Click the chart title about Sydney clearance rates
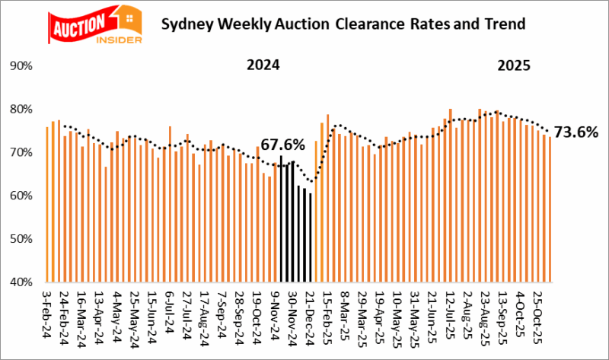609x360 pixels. click(343, 24)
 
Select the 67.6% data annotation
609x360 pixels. click(282, 145)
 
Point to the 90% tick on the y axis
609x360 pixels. click(20, 66)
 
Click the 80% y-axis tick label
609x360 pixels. click(20, 110)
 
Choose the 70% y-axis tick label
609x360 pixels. click(20, 153)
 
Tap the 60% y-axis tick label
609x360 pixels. click(20, 196)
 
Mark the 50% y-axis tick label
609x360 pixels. click(20, 239)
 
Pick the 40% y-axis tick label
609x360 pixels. click(20, 282)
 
